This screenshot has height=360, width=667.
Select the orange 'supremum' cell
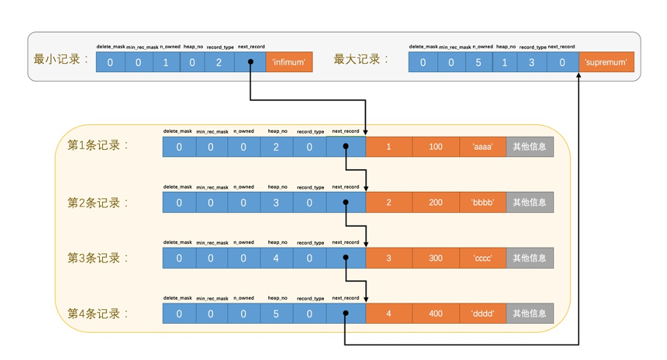[606, 62]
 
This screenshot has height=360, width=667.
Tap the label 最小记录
[61, 60]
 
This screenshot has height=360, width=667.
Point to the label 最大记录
[361, 60]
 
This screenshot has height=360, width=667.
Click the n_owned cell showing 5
[477, 62]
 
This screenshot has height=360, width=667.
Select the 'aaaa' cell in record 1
[483, 147]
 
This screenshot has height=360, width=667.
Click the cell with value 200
[436, 202]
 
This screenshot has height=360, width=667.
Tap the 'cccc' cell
[483, 258]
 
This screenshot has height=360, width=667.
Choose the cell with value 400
[436, 314]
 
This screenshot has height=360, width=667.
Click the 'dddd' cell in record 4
[483, 314]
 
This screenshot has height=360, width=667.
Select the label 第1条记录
[98, 145]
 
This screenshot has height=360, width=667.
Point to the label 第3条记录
[98, 258]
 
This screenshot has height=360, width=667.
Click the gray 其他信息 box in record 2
[530, 202]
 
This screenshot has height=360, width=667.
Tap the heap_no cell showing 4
[276, 258]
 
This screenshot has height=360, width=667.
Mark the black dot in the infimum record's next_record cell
[251, 62]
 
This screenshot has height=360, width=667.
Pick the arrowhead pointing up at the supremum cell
[580, 76]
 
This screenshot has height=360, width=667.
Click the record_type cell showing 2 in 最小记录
[219, 62]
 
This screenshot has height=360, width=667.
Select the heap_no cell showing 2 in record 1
[276, 147]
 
